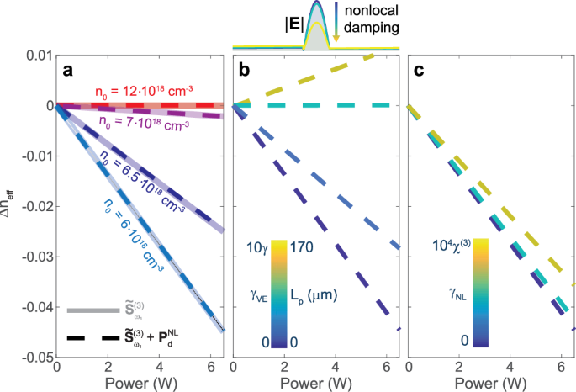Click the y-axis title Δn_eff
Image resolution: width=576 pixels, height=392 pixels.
[9, 207]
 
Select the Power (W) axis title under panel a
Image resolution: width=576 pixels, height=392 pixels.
[140, 384]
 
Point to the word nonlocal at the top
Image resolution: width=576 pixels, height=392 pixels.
[372, 12]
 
